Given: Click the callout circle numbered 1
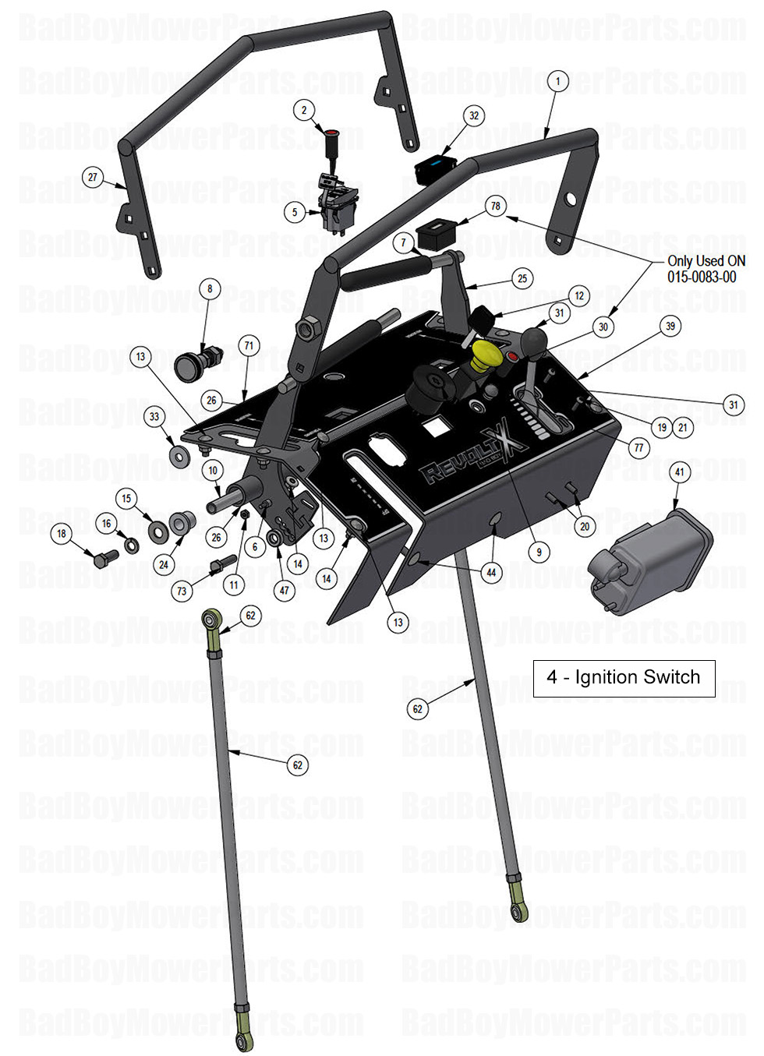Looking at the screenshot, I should (557, 81).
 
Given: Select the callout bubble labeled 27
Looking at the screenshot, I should (93, 177).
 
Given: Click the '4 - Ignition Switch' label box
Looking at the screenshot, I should (624, 677).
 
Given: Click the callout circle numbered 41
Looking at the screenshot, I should (679, 472).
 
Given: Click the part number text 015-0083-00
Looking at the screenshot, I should (701, 277).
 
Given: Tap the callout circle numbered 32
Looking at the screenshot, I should (474, 116).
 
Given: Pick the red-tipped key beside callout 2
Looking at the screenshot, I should (331, 140).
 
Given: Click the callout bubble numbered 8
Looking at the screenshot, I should (210, 289).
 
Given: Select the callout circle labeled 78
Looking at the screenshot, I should (496, 206).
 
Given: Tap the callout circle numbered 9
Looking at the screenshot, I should (539, 553).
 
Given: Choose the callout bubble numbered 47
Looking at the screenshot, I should (285, 591).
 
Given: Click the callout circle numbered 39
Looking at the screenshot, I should (670, 327).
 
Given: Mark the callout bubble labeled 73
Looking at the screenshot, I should (182, 591).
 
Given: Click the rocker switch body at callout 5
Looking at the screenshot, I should (340, 207).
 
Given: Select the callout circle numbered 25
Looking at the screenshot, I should (522, 278).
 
